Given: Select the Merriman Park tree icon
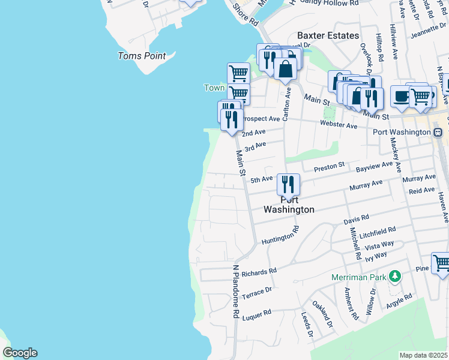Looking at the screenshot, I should pyautogui.click(x=394, y=276).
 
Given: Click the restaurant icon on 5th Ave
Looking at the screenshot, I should pyautogui.click(x=289, y=184).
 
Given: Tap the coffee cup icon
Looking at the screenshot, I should pyautogui.click(x=401, y=96).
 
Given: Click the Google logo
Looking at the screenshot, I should pyautogui.click(x=20, y=353).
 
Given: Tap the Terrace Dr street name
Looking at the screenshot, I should pyautogui.click(x=256, y=292).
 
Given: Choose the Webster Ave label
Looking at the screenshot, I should pyautogui.click(x=339, y=125).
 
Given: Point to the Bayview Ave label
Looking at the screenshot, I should pyautogui.click(x=374, y=164).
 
